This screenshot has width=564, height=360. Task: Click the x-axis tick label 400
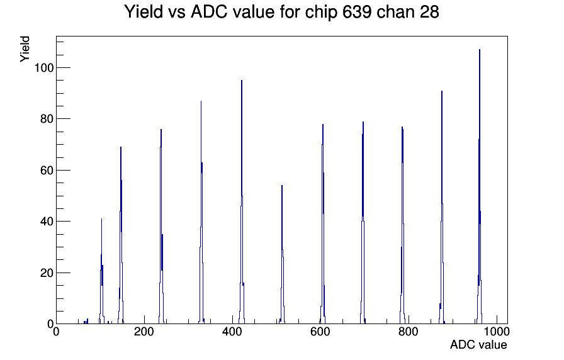232,332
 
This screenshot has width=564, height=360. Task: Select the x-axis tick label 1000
496,332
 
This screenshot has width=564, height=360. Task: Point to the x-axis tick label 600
320,332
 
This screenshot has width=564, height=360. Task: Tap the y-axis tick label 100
44,67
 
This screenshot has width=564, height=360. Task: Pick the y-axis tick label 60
47,170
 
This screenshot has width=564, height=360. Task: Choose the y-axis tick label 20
47,273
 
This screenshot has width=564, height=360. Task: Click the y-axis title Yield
25,49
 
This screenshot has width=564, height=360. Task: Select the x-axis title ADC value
478,344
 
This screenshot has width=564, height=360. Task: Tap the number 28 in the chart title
429,12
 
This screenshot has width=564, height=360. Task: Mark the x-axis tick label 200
144,332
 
